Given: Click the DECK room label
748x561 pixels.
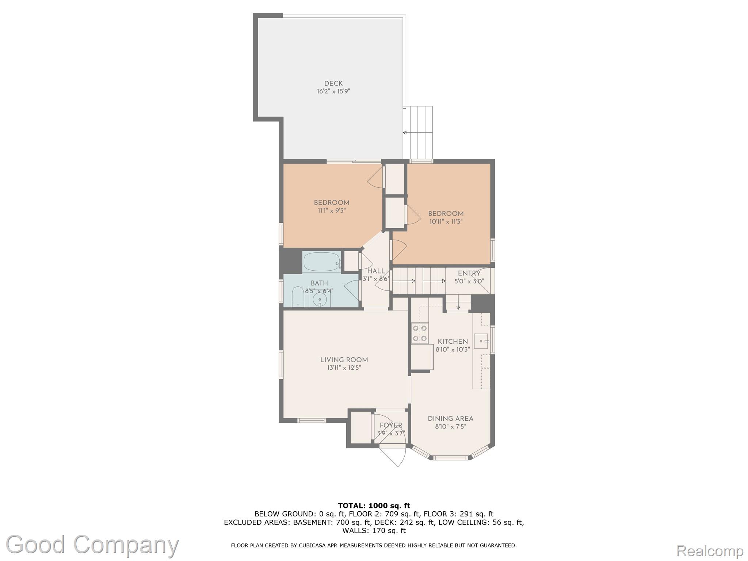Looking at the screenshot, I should [x=333, y=84].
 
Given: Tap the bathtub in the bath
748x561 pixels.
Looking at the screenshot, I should [x=321, y=262].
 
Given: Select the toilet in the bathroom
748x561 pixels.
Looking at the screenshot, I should [x=298, y=297].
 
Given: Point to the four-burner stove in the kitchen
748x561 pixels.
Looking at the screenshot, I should [x=420, y=333].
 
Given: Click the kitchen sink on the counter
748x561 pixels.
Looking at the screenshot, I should [x=481, y=341].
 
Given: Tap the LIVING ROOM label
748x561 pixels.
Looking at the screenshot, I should [x=344, y=360].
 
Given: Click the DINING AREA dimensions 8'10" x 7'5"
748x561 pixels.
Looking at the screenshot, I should [x=450, y=426].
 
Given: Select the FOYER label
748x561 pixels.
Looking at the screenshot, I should [x=390, y=425].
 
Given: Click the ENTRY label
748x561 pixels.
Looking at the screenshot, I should [x=469, y=273].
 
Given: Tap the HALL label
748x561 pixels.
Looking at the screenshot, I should [x=376, y=271].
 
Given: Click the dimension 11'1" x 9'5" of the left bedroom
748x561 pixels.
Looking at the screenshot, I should [x=332, y=210].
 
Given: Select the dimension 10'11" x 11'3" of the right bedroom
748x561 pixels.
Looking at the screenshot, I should [x=446, y=221].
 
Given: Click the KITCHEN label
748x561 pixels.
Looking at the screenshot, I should [x=453, y=341].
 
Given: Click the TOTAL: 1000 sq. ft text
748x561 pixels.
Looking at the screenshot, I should [x=374, y=506].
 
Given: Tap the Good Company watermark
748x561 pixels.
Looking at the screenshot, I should [x=92, y=545].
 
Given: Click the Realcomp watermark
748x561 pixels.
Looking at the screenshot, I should [x=710, y=550].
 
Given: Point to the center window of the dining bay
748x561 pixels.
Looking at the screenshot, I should [x=451, y=458].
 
